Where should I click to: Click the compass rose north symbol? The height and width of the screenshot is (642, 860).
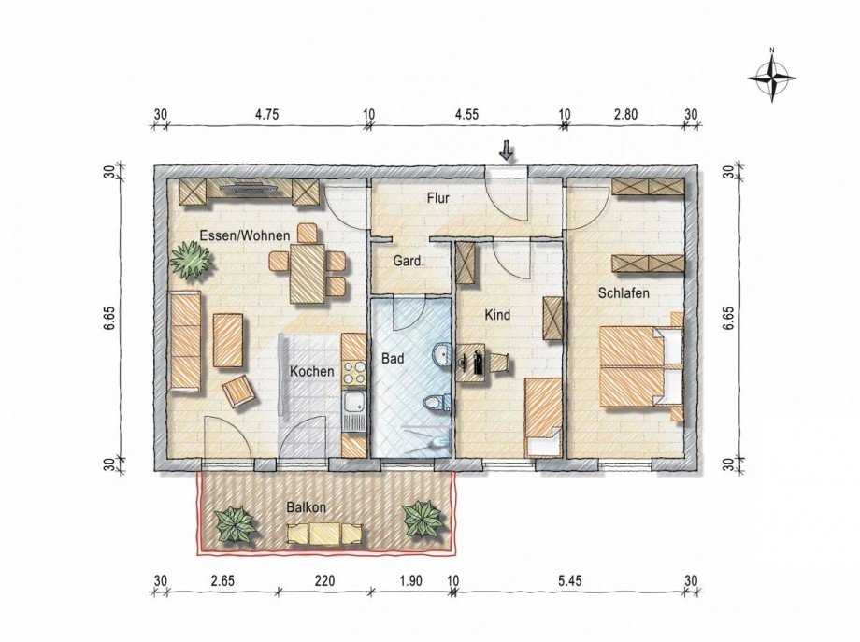(771, 75)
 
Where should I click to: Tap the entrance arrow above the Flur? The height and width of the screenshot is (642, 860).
(506, 150)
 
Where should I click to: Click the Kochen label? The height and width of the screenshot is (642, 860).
(311, 371)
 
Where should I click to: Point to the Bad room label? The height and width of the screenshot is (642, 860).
(392, 358)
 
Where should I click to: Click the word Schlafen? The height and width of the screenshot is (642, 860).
(623, 293)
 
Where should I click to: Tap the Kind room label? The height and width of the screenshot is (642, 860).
(497, 315)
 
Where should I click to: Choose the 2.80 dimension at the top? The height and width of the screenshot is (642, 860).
(624, 115)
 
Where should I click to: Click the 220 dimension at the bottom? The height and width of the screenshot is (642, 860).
(324, 580)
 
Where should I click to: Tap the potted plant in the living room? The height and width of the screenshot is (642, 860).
(192, 261)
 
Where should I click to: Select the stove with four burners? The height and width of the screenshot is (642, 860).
(354, 373)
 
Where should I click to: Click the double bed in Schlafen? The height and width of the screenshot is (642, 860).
(640, 365)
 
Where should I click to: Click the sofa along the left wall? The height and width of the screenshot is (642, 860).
(184, 341)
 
